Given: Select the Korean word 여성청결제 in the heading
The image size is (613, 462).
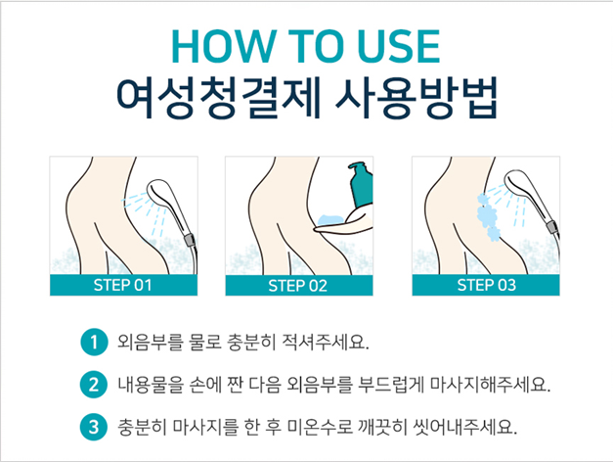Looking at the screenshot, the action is click(x=218, y=97).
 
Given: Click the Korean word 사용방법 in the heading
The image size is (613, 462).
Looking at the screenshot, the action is click(x=416, y=97).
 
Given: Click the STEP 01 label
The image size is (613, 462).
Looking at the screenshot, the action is click(x=122, y=285).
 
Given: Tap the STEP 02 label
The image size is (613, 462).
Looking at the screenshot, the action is click(x=297, y=286).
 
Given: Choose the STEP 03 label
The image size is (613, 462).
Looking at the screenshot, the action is click(x=486, y=285).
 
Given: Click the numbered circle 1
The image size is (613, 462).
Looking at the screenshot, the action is click(x=94, y=343).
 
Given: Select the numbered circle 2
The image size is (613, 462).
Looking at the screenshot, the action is click(x=94, y=385).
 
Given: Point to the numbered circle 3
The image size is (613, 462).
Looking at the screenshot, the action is click(x=94, y=427).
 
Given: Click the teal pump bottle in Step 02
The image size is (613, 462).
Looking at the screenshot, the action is click(x=361, y=184).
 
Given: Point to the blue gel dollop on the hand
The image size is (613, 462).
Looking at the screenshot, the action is click(x=330, y=219).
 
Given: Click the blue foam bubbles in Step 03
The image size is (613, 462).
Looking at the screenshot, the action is click(x=488, y=216).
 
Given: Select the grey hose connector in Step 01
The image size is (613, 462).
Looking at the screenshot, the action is click(x=190, y=240).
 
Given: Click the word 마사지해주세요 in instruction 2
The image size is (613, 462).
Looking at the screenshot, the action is click(x=490, y=385).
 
